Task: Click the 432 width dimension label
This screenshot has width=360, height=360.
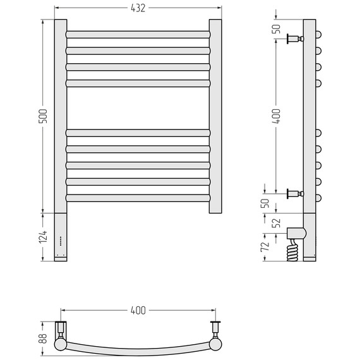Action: (138, 8)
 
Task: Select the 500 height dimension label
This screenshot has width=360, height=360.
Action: (43, 116)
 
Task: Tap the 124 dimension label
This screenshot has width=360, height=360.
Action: (43, 237)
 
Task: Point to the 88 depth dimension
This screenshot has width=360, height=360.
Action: (43, 339)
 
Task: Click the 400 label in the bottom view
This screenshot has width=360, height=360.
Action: (138, 310)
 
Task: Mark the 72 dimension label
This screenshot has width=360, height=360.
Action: (265, 246)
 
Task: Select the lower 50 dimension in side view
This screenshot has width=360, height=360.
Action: (265, 203)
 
